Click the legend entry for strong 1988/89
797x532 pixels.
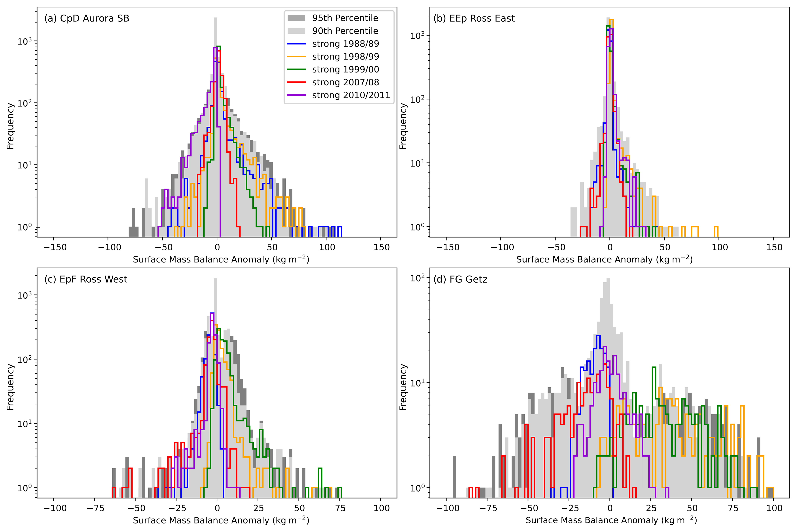click(345, 44)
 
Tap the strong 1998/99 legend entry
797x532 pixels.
click(345, 57)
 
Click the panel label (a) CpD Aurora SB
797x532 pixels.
click(87, 18)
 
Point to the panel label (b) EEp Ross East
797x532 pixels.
click(474, 18)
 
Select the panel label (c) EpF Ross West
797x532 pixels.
click(86, 279)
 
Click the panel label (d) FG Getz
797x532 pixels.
click(460, 279)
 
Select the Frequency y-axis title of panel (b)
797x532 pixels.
click(403, 126)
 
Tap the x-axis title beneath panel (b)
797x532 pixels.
click(604, 259)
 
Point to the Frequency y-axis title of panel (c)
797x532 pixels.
click(11, 387)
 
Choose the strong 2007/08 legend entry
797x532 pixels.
click(345, 83)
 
